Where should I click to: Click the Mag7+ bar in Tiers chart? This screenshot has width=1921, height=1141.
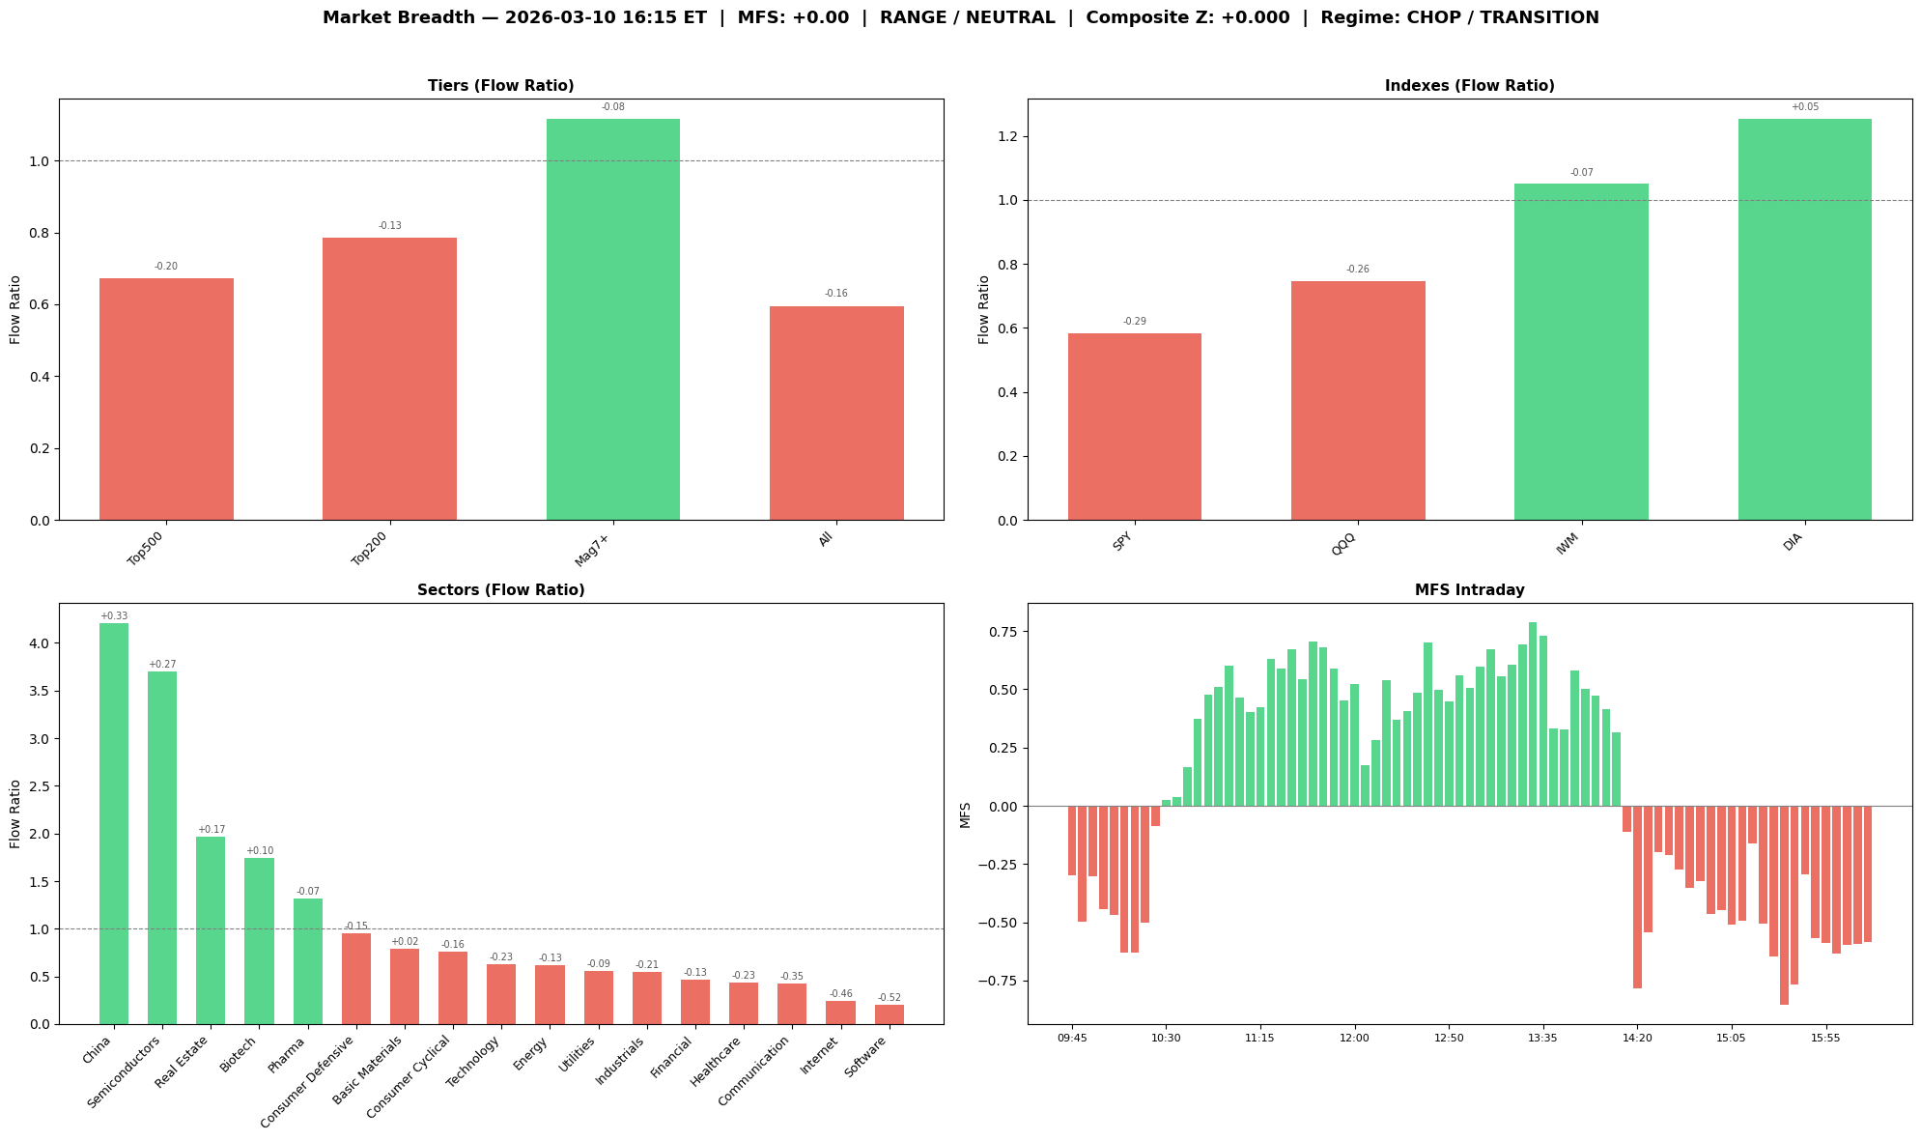click(612, 319)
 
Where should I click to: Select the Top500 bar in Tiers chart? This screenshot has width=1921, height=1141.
click(166, 399)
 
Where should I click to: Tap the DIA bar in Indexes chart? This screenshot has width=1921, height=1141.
click(1804, 319)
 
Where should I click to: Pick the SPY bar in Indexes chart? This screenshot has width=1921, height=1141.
click(1134, 426)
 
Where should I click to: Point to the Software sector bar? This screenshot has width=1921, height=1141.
click(889, 1013)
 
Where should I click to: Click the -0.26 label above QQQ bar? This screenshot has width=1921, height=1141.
click(1357, 270)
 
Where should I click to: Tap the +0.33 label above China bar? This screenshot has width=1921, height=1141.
click(114, 616)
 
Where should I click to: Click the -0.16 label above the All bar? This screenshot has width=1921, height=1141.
click(835, 294)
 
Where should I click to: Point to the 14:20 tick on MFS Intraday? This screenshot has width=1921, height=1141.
click(1637, 1038)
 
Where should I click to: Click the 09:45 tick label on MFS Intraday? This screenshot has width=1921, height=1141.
click(1072, 1038)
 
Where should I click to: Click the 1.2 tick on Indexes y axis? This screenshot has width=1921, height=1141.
click(1007, 136)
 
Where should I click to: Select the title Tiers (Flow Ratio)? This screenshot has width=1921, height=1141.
click(500, 86)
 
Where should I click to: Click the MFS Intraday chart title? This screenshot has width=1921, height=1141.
click(1469, 590)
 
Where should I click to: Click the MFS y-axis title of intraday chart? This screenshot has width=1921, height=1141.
click(966, 813)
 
